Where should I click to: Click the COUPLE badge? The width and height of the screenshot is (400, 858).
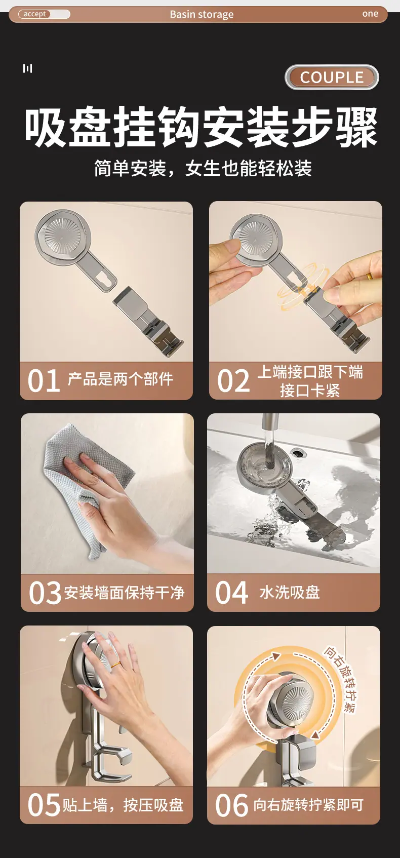point(332,77)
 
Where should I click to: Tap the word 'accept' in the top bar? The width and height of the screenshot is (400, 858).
point(34,14)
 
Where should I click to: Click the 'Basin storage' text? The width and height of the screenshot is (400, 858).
point(202,15)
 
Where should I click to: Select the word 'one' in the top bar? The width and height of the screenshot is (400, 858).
point(370,14)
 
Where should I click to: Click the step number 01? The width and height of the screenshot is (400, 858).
point(44,381)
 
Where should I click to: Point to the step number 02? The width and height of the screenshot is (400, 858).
point(233,381)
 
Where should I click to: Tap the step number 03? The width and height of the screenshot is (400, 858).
point(45,593)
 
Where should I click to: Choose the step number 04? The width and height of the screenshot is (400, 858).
point(231,593)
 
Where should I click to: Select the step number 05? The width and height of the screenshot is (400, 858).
point(44,805)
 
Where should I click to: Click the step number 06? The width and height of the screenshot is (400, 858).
point(231,805)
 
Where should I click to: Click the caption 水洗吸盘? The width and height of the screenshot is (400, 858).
point(290,593)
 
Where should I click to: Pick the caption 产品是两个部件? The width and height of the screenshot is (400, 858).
point(121,379)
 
